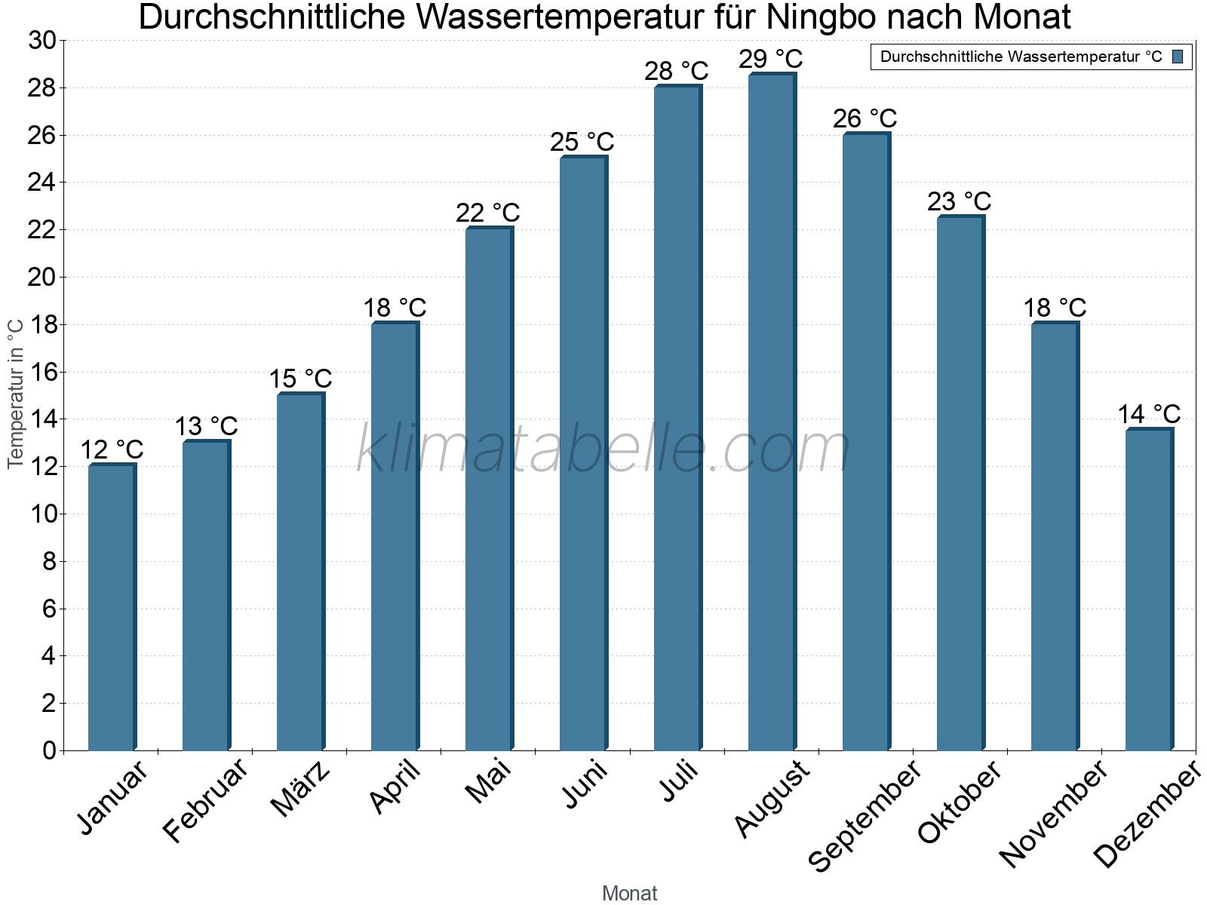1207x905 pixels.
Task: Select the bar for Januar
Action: click(x=112, y=607)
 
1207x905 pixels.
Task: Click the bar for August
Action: click(x=772, y=412)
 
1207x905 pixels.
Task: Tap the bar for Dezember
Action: click(x=1149, y=590)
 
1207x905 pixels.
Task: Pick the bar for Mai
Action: click(x=489, y=489)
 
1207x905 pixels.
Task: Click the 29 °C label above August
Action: click(x=770, y=58)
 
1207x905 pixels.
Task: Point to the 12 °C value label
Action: click(x=112, y=449)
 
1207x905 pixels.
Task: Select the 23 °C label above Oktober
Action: click(x=959, y=201)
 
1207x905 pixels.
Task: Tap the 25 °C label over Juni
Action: click(x=582, y=141)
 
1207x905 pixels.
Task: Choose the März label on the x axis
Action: click(x=301, y=789)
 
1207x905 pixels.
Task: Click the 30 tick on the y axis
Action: click(x=42, y=41)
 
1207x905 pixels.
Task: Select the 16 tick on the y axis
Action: click(x=42, y=372)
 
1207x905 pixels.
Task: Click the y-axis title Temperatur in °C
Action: click(x=16, y=393)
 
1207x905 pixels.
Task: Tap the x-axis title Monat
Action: click(x=629, y=893)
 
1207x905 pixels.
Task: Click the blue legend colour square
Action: click(x=1178, y=57)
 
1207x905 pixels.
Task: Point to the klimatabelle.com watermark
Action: click(x=603, y=449)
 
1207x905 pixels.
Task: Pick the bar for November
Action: click(x=1055, y=536)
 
